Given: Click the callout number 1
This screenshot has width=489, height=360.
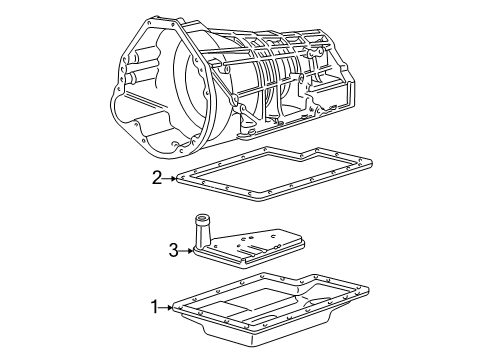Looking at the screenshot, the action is [x=154, y=307].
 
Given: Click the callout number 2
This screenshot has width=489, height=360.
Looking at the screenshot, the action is [x=157, y=178].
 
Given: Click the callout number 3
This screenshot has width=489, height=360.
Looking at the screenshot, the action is [x=173, y=250].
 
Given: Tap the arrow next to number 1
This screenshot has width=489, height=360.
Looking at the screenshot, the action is [x=166, y=307].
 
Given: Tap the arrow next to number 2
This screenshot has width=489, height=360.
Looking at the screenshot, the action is [x=170, y=178].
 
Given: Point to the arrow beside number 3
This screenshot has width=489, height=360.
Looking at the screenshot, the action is [x=186, y=251].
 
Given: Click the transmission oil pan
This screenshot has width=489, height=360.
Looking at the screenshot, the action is [x=271, y=308].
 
